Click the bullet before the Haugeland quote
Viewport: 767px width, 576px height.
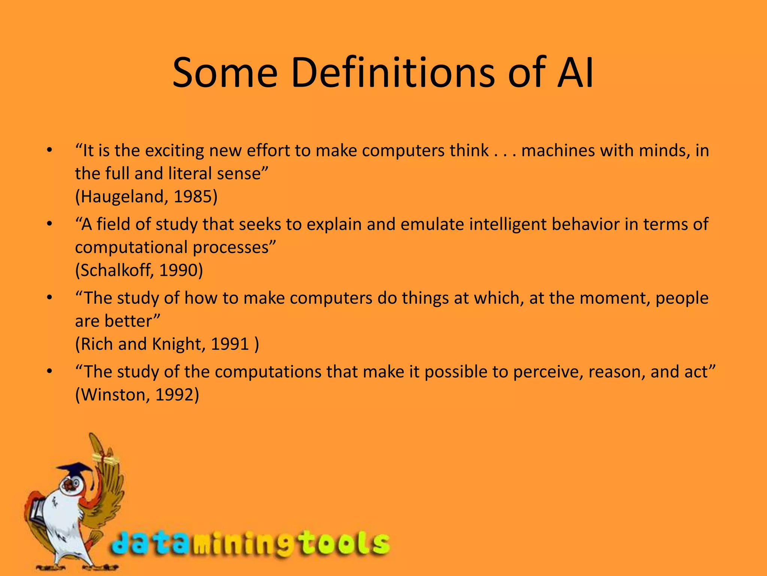[x=49, y=151]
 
